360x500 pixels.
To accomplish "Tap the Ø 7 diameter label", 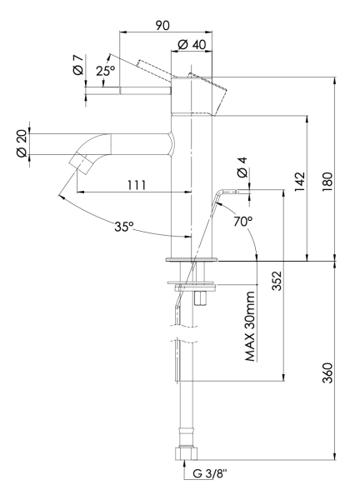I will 77,67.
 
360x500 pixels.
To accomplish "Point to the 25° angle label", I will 106,72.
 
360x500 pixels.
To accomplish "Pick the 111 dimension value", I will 127,184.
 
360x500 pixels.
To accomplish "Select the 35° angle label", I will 124,226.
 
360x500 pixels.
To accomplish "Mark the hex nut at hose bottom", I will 186,455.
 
